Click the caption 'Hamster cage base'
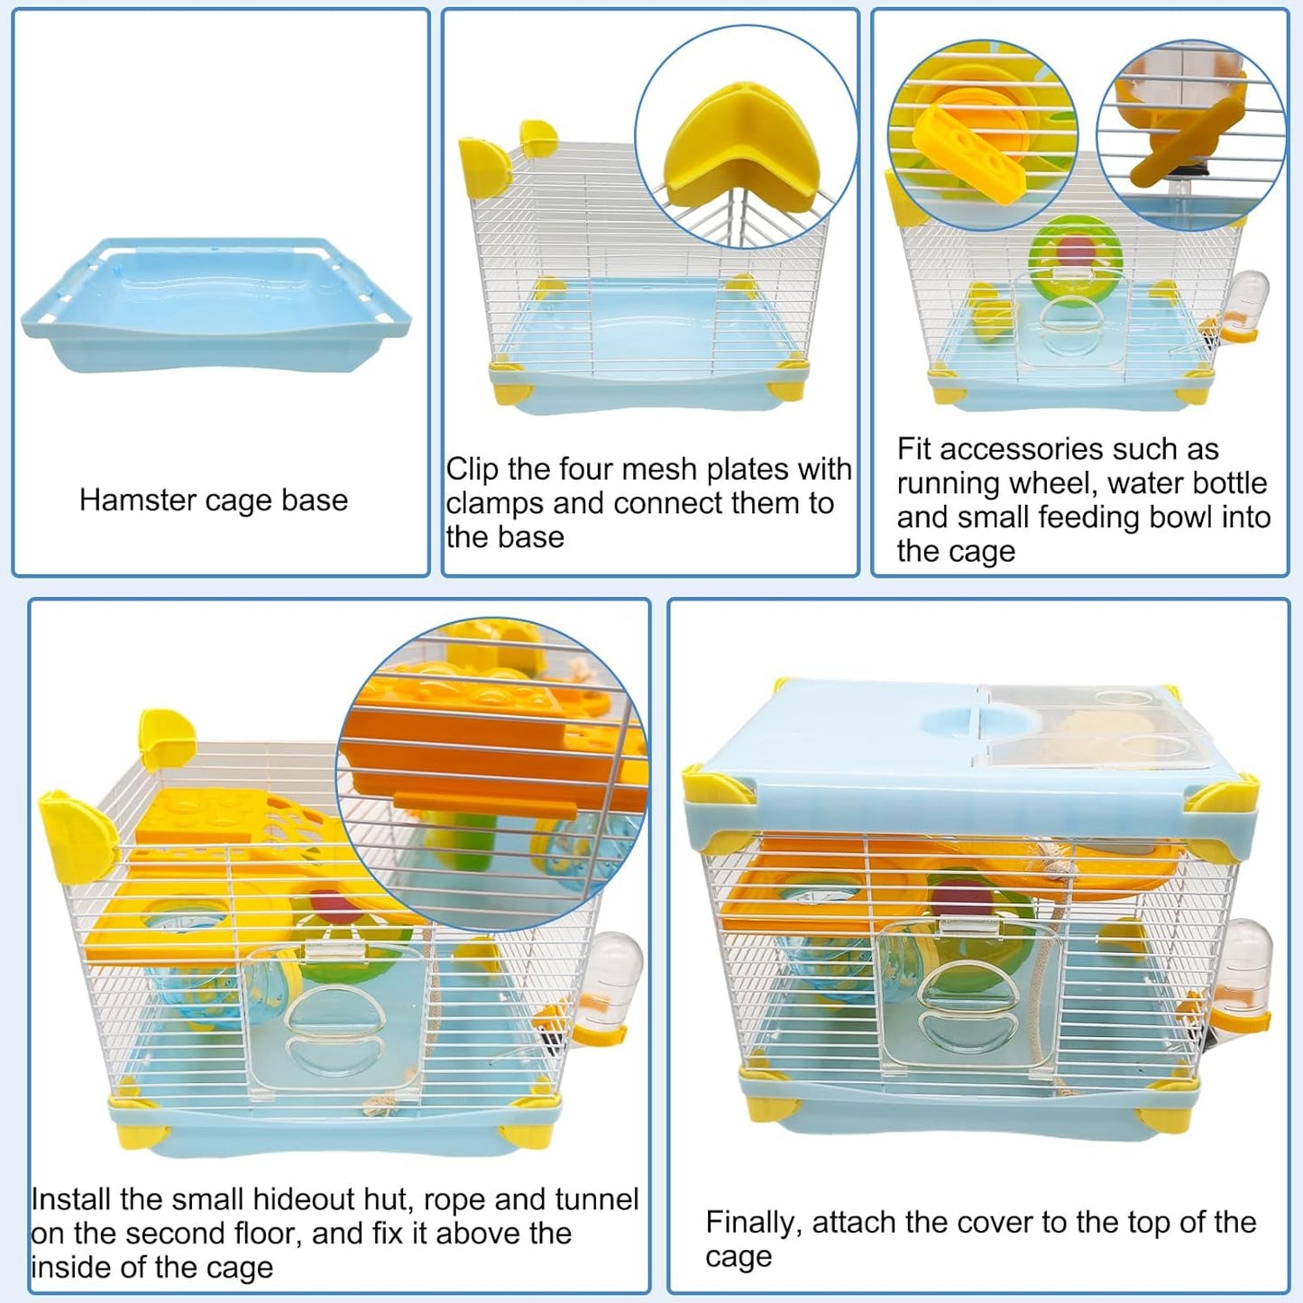tap(213, 500)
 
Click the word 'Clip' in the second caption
tap(473, 469)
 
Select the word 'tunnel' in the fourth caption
tap(596, 1199)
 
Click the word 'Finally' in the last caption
tap(753, 1223)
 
